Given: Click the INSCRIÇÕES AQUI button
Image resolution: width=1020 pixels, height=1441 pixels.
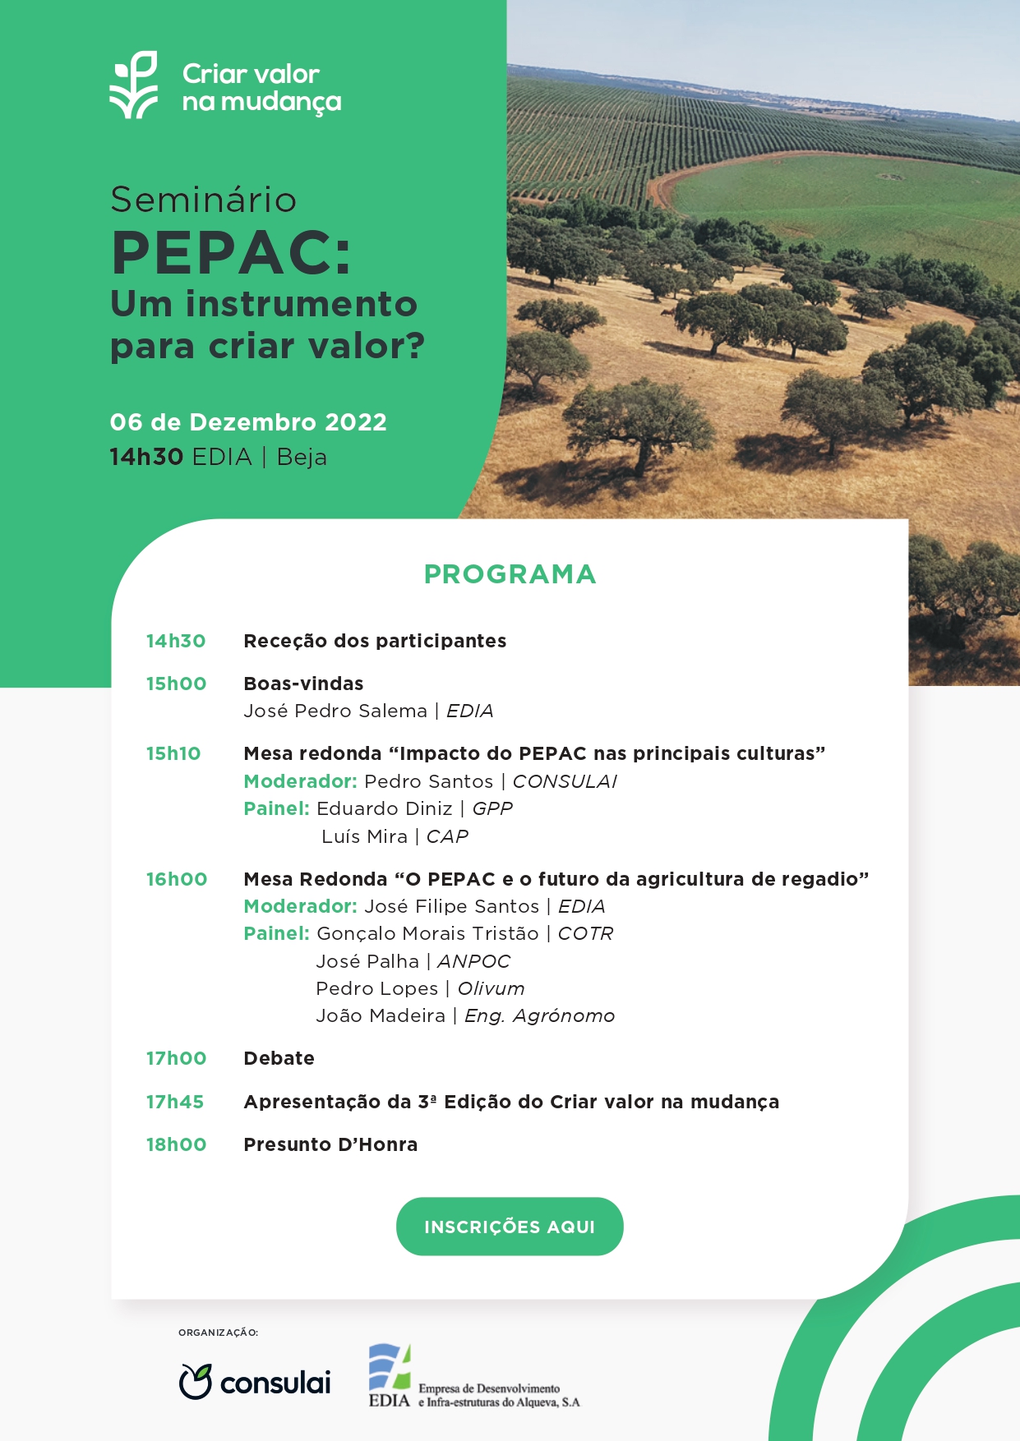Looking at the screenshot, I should tap(510, 1227).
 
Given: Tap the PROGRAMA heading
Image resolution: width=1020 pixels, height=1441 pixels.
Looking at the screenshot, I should tap(510, 574).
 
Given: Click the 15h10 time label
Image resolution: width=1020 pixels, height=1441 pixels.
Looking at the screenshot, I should tap(173, 753).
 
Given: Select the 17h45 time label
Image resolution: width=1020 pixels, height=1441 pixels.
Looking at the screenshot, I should tap(175, 1102).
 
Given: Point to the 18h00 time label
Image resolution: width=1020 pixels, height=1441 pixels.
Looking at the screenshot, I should tap(176, 1144).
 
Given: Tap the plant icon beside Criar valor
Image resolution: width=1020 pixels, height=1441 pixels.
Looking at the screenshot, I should tap(134, 85).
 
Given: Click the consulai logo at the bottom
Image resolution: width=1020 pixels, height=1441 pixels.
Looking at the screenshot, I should tap(255, 1382).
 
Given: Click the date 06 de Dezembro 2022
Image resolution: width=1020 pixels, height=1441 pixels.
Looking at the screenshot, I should tap(248, 422).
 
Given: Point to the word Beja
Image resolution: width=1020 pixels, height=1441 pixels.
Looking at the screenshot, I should tap(302, 457).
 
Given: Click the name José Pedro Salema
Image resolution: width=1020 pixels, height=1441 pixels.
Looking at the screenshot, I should tap(335, 711).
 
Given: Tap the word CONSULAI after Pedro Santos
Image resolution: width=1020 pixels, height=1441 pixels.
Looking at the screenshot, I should tap(565, 781).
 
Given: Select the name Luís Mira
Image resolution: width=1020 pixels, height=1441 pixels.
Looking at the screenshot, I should tap(364, 836).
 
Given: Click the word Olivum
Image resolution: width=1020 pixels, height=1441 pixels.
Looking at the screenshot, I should tap(491, 988).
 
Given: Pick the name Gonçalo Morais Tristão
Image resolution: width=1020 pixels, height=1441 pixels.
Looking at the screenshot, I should tap(427, 933).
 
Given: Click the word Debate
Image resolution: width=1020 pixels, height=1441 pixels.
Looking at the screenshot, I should tap(279, 1058).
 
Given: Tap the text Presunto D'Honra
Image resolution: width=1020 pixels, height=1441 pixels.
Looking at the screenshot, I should tap(330, 1144).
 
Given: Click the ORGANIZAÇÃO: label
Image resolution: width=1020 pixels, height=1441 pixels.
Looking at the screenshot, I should tap(218, 1333).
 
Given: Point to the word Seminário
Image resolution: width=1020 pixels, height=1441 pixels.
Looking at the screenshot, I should tap(204, 200).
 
